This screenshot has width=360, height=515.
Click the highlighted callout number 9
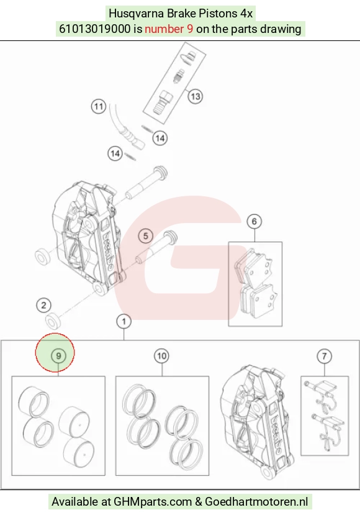click(58, 356)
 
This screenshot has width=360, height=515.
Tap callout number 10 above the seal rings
click(161, 356)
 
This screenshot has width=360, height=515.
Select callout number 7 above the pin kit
click(324, 356)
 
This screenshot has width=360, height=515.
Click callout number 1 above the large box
click(124, 321)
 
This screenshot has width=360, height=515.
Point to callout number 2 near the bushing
click(43, 306)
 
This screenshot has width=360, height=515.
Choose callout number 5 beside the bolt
click(145, 236)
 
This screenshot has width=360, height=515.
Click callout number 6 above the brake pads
click(254, 222)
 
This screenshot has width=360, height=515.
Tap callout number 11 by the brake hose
click(99, 107)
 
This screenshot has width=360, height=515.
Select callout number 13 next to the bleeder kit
click(196, 96)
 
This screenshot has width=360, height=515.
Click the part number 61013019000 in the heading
click(94, 29)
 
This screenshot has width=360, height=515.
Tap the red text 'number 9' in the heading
click(169, 29)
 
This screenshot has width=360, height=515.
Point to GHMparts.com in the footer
click(153, 502)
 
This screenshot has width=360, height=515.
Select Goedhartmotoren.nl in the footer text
click(256, 502)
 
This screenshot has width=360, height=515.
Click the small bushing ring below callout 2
click(53, 321)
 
